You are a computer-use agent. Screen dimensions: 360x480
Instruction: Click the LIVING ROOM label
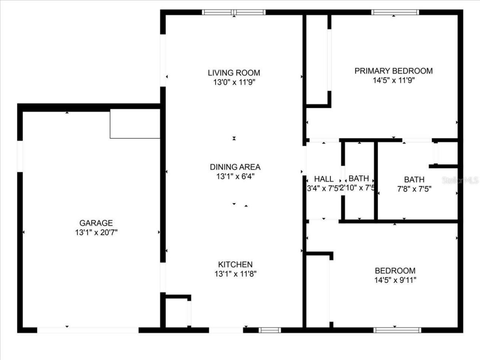tap(234, 73)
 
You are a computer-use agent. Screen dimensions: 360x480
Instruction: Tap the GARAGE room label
tap(96, 223)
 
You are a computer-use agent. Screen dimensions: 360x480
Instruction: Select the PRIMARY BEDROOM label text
tap(393, 70)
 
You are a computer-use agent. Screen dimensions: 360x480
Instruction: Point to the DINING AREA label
tap(235, 167)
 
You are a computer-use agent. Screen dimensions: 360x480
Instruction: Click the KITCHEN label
tap(235, 264)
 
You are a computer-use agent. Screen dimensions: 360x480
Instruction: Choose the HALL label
tap(324, 178)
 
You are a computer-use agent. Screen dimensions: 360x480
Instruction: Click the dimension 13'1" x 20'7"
tap(96, 232)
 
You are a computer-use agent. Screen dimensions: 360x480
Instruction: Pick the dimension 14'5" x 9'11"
tap(395, 280)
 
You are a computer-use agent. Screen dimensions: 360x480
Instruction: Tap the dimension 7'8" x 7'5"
tap(414, 189)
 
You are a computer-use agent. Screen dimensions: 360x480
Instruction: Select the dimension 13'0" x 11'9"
tap(234, 82)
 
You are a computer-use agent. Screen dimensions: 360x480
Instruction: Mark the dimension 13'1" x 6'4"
tap(235, 176)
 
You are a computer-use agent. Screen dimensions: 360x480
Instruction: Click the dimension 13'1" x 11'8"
tap(235, 274)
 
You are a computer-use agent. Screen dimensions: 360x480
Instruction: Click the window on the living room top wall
tap(234, 12)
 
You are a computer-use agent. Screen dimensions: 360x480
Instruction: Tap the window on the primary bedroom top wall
tap(395, 12)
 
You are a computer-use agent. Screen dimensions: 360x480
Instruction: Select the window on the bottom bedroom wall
tap(397, 330)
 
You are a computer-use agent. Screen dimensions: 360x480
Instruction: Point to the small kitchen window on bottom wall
tap(270, 330)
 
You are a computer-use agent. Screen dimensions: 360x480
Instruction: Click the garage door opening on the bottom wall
tap(88, 330)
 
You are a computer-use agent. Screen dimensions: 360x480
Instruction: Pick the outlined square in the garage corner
tap(135, 124)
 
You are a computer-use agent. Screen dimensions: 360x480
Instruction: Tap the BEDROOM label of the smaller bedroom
tap(395, 270)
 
